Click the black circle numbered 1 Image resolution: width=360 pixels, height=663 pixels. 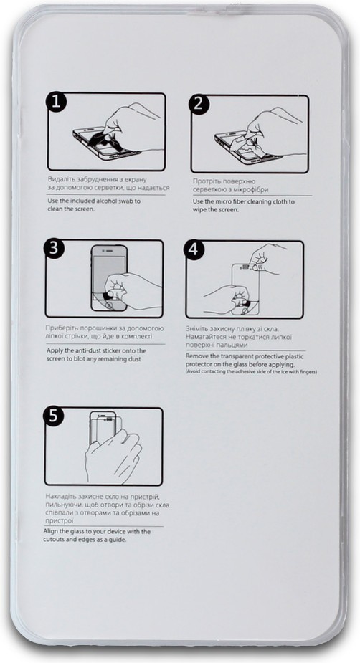pos(56,102)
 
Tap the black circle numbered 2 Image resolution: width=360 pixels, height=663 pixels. pos(199,104)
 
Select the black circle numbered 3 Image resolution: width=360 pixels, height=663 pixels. pos(55,249)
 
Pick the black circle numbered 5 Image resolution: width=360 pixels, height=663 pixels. pos(53,416)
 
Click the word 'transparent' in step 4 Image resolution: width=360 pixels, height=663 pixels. pos(232,356)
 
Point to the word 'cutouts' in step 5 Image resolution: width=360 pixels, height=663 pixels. pos(53,540)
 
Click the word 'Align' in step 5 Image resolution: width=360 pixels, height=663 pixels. pos(51,532)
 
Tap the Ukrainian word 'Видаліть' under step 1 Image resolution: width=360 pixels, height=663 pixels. pos(62,179)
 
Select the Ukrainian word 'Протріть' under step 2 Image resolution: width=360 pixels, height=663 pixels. pos(206,181)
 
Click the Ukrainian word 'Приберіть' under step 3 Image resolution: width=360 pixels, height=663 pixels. pos(62,328)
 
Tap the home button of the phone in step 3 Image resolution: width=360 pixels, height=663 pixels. pos(109,305)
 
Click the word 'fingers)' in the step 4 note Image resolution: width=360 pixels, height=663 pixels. pos(308,372)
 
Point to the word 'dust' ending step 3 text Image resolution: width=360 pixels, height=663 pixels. pos(135,359)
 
